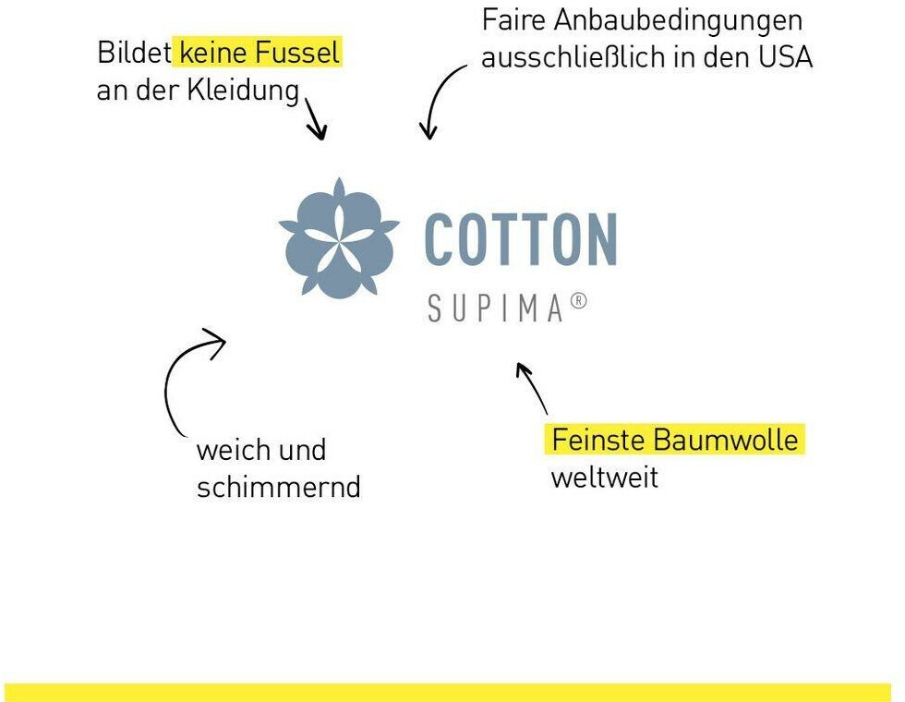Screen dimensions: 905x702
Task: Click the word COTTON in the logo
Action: point(521,239)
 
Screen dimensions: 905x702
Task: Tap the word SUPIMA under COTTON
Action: point(495,308)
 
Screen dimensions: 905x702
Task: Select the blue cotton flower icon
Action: point(339,238)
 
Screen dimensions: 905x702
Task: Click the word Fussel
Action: point(297,53)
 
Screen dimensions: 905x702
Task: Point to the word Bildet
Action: point(135,53)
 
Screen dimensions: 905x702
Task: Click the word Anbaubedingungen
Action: point(678,20)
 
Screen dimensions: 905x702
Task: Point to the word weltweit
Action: point(604,478)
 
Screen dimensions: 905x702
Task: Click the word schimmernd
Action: point(279,487)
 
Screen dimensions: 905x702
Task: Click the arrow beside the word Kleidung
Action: point(315,118)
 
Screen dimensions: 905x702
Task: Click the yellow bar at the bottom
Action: point(448,692)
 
